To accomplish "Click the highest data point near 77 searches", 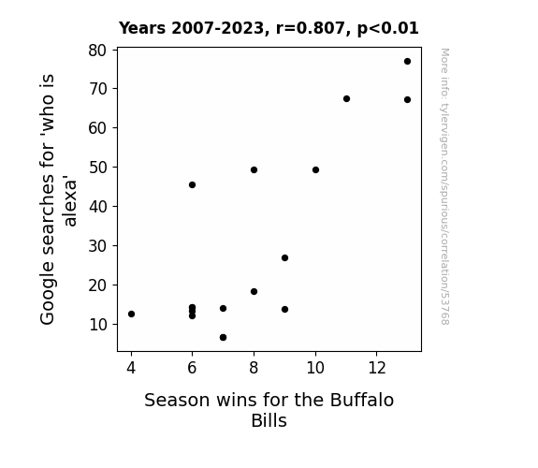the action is click(x=407, y=62).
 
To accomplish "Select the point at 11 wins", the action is click(x=346, y=99).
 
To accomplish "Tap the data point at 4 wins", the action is click(x=131, y=314).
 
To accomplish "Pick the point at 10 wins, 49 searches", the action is click(x=315, y=170).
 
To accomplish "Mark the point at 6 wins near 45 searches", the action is click(x=192, y=185).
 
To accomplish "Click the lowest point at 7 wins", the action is click(x=223, y=338).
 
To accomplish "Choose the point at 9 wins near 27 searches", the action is click(x=284, y=257).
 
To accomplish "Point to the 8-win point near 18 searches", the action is click(x=254, y=291).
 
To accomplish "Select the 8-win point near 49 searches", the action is click(x=254, y=170).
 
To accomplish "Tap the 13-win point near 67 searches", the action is click(x=407, y=100).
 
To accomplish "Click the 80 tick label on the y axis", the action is click(x=98, y=51).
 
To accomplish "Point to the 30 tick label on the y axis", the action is click(x=98, y=246).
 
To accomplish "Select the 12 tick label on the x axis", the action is click(x=377, y=368).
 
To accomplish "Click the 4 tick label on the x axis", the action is click(x=131, y=368).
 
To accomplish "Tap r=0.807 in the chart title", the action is click(x=311, y=28).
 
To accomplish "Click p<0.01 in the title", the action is click(x=387, y=29).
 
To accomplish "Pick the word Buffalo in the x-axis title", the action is click(x=362, y=400).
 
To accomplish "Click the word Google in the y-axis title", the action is click(x=48, y=293).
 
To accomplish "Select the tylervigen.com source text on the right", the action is click(x=444, y=187).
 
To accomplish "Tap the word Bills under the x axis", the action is click(x=269, y=420).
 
